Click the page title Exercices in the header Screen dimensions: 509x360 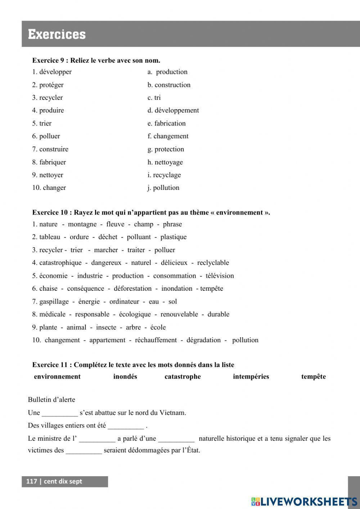(x=57, y=35)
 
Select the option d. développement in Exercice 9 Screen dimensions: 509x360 (x=173, y=111)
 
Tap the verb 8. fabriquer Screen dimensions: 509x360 (x=49, y=162)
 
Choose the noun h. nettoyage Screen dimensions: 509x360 (x=165, y=162)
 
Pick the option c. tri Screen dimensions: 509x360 (x=154, y=98)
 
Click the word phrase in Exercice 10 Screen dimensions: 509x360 (x=172, y=224)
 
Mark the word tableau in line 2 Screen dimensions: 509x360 (x=50, y=237)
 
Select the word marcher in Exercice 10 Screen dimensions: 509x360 (x=106, y=250)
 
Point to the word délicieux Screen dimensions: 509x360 (x=174, y=263)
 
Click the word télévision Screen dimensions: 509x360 (x=220, y=276)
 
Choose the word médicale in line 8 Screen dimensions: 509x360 (x=52, y=314)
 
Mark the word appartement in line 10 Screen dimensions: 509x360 (x=107, y=340)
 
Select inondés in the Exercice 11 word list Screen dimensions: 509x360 (x=125, y=377)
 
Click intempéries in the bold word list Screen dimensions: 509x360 (x=251, y=377)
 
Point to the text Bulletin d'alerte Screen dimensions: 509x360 (x=51, y=399)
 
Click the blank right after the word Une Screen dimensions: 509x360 (x=60, y=413)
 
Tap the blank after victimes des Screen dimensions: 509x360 (x=84, y=451)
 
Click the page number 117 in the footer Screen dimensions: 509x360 (x=32, y=481)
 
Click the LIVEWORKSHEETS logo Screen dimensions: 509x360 (x=304, y=501)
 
